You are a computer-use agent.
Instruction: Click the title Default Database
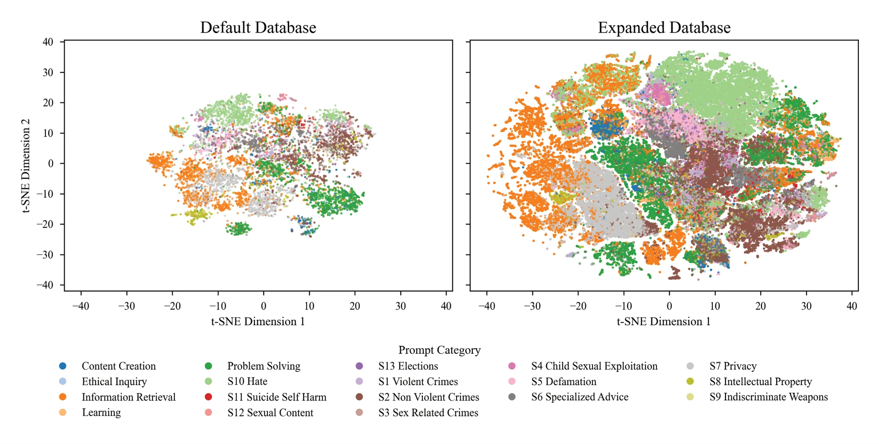258,28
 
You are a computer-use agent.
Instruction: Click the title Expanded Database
664,28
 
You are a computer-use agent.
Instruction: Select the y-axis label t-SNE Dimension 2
26,166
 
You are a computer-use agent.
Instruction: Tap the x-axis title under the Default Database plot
258,322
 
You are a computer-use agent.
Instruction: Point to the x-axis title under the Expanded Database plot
664,322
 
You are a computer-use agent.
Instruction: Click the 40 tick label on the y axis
47,42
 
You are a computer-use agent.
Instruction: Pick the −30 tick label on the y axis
45,255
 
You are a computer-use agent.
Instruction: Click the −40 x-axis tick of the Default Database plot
80,306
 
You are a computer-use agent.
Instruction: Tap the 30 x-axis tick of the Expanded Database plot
806,306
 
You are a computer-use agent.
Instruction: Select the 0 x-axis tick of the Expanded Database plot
669,306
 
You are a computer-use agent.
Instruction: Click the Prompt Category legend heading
439,350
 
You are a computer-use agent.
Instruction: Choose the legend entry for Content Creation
119,366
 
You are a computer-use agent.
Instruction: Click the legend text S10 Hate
247,382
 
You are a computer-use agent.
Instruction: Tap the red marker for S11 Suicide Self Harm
208,397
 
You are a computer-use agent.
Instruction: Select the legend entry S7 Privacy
733,366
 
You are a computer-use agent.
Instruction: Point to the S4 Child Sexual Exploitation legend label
594,366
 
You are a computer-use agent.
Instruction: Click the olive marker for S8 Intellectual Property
690,382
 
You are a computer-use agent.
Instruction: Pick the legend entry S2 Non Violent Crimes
429,397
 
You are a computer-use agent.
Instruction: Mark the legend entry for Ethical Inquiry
114,382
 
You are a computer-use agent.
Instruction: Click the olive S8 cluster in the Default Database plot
195,215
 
